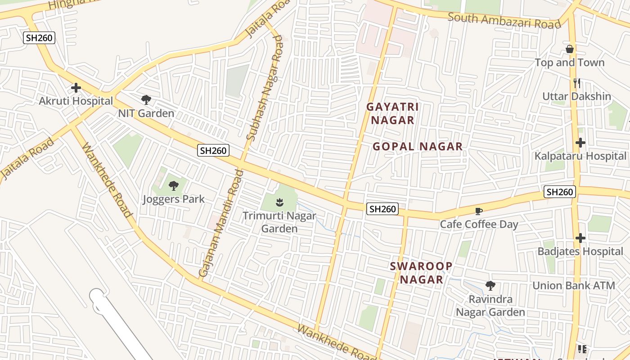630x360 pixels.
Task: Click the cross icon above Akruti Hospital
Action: tap(76, 88)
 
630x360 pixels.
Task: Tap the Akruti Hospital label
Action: tap(76, 101)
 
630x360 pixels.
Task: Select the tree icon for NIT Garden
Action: tap(146, 99)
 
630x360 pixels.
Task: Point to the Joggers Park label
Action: tap(174, 199)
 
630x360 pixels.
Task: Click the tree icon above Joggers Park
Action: tap(174, 185)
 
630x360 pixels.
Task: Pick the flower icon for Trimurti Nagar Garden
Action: tap(279, 202)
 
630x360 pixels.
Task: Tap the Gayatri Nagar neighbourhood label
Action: tap(392, 113)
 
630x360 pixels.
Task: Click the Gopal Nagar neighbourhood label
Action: tap(418, 146)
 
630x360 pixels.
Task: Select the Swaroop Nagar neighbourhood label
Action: tap(421, 273)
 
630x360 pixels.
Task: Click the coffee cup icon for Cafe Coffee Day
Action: tap(479, 211)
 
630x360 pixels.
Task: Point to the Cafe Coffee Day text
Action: tap(479, 224)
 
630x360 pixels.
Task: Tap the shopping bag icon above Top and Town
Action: tap(570, 49)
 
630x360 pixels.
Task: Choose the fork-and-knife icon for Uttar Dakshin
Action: tap(577, 83)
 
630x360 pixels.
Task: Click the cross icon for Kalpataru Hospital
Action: tap(580, 143)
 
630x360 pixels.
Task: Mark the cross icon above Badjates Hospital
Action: tap(580, 238)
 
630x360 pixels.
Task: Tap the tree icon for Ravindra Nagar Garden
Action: tap(490, 285)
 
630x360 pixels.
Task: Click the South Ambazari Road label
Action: tap(504, 21)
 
